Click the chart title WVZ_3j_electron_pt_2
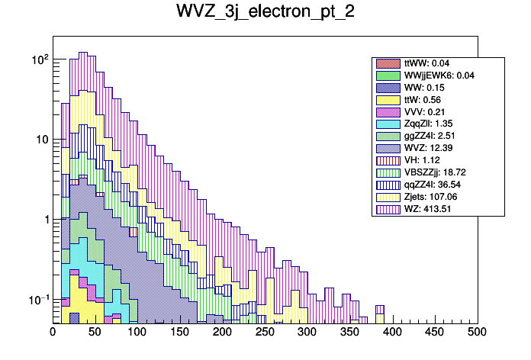(265, 13)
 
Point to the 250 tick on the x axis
(265, 333)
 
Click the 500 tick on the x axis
(477, 333)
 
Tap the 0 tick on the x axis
(53, 333)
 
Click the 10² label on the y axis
(39, 59)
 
